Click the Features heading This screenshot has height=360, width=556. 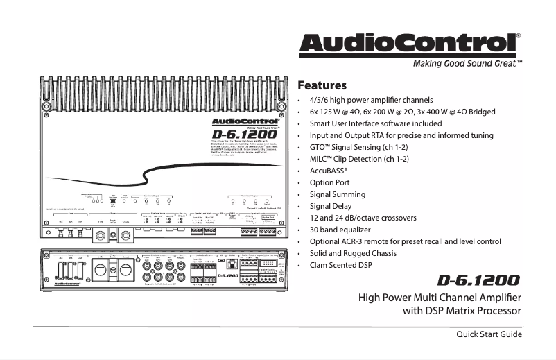tap(322, 86)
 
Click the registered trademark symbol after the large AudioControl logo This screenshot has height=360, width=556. tap(519, 35)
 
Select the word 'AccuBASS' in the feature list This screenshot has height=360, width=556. tap(328, 171)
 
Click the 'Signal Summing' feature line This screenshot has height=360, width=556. tap(337, 194)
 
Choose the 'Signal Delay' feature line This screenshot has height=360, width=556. tap(330, 206)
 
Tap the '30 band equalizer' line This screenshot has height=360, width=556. tap(340, 230)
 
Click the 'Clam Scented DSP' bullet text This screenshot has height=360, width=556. tap(340, 265)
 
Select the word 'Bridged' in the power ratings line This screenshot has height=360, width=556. tap(482, 112)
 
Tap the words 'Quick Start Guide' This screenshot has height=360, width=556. tap(488, 335)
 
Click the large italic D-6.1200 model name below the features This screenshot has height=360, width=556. tap(478, 281)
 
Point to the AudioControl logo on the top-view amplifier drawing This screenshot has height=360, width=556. tap(239, 121)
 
